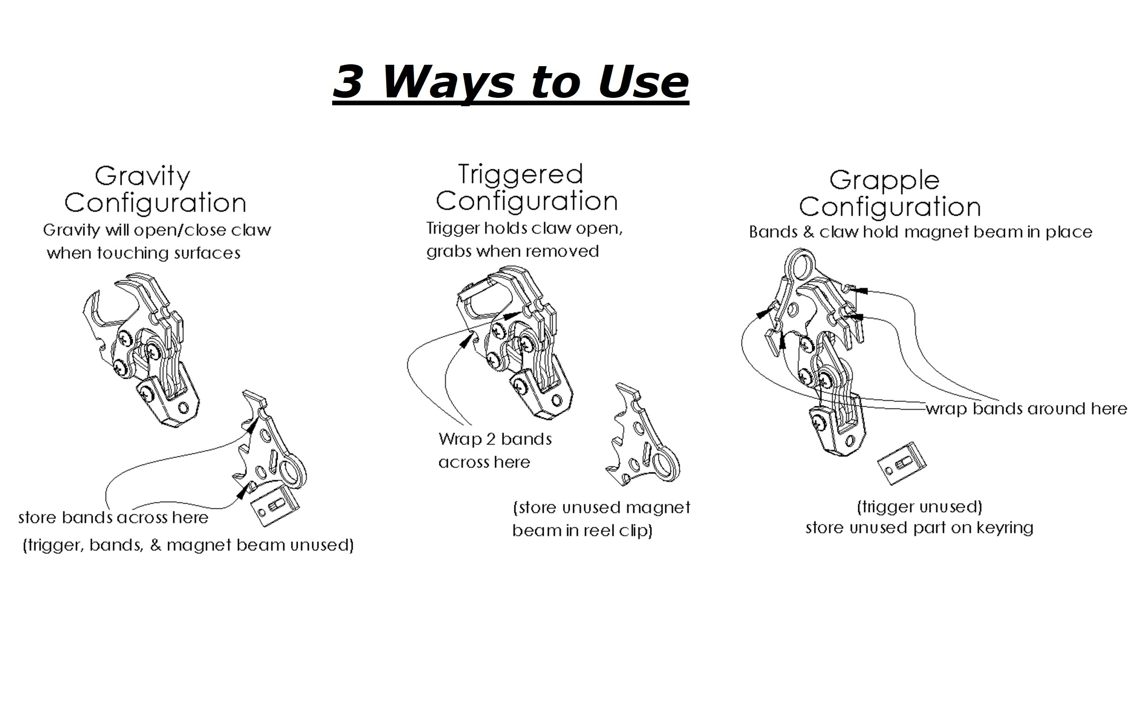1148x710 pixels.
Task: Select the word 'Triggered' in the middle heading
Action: click(520, 174)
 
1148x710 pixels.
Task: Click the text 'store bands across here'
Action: click(113, 518)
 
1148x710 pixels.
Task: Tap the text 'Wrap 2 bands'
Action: click(495, 439)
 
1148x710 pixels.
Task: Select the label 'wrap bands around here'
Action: click(1026, 409)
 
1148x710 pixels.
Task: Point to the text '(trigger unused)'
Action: click(919, 507)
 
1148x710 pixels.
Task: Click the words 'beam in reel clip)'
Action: click(582, 531)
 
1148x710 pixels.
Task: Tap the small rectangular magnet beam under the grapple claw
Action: click(902, 463)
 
